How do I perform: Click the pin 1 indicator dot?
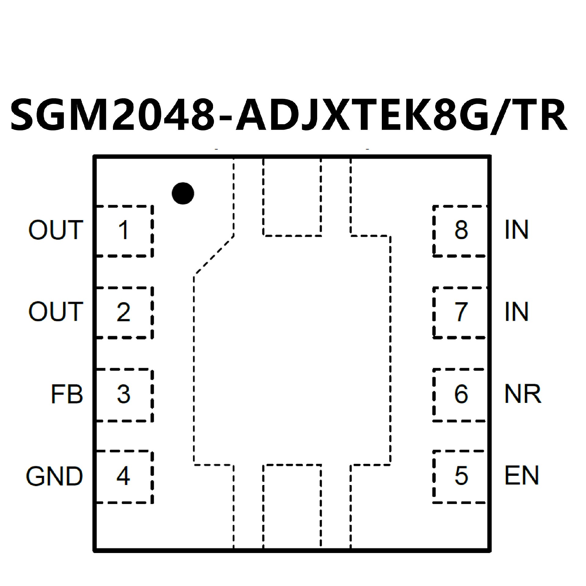pyautogui.click(x=183, y=194)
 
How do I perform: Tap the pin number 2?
pyautogui.click(x=124, y=312)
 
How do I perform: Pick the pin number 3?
pyautogui.click(x=124, y=394)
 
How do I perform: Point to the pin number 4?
pyautogui.click(x=124, y=476)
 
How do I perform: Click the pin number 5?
pyautogui.click(x=461, y=476)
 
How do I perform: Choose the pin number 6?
pyautogui.click(x=461, y=394)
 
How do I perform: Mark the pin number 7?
pyautogui.click(x=461, y=312)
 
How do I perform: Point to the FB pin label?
pyautogui.click(x=67, y=394)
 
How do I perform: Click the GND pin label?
pyautogui.click(x=54, y=476)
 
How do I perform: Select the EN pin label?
pyautogui.click(x=521, y=476)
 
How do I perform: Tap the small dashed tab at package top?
pyautogui.click(x=292, y=197)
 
